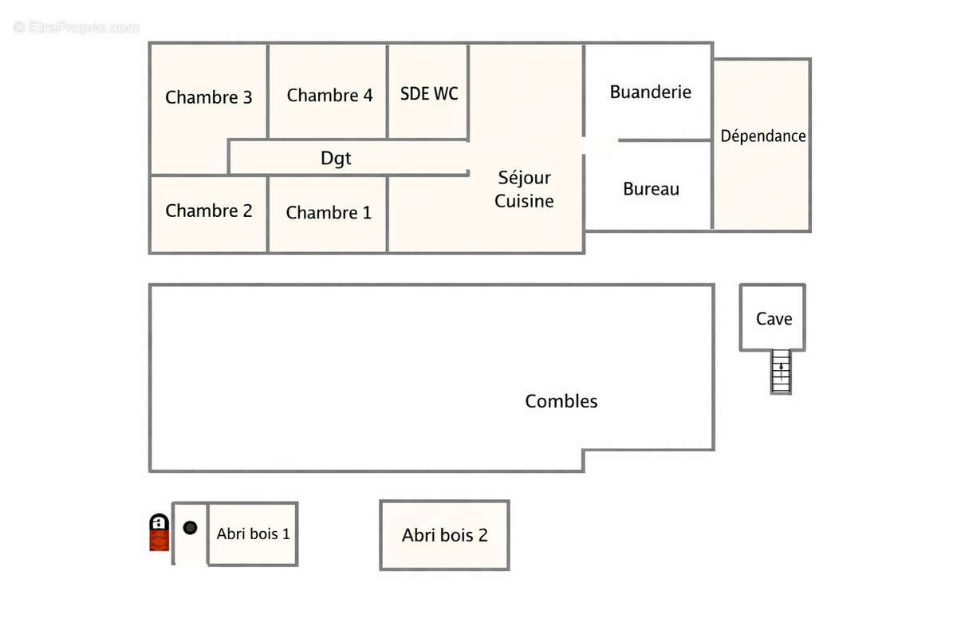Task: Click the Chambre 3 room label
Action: [209, 97]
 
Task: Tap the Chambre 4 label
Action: [329, 96]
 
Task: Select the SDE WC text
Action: [429, 93]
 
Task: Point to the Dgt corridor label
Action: [336, 159]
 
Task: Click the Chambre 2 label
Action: [209, 211]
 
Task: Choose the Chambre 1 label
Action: [329, 213]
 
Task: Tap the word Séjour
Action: [524, 178]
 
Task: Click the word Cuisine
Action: [524, 201]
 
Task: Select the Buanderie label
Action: [650, 92]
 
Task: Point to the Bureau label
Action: [651, 189]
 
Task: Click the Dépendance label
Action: [763, 136]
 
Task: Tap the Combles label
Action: [561, 401]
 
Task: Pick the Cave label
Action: [774, 319]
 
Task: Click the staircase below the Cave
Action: [782, 372]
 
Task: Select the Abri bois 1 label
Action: [253, 534]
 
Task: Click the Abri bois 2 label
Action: [444, 535]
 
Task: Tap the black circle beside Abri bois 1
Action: [190, 527]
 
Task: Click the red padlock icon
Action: [159, 533]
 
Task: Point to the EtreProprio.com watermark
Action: [77, 28]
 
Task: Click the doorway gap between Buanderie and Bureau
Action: [601, 145]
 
